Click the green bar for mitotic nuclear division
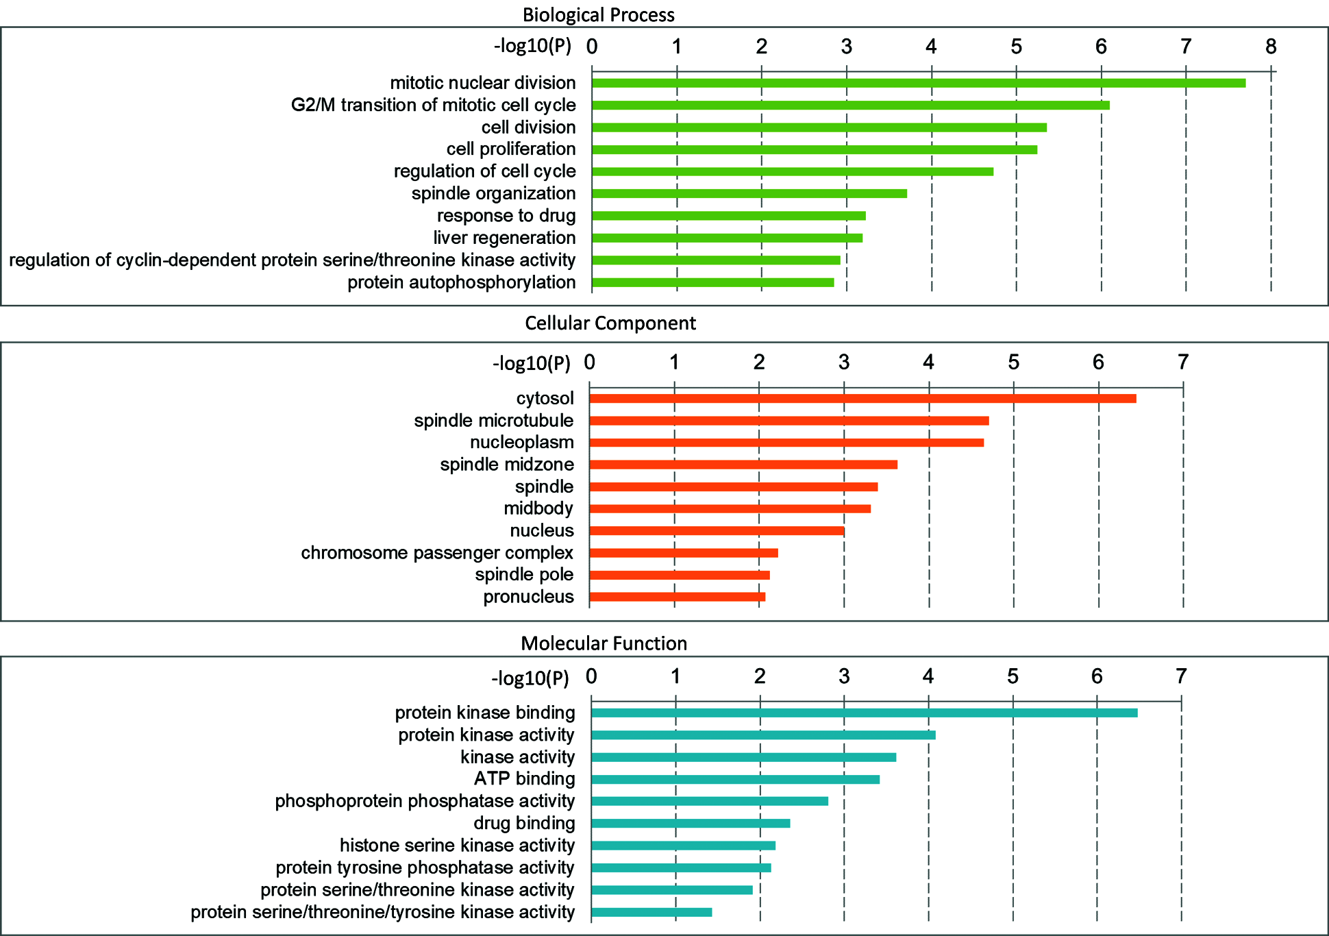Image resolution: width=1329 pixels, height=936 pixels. (918, 83)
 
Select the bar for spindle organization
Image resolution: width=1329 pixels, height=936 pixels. (749, 193)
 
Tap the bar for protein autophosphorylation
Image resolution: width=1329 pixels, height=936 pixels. (712, 282)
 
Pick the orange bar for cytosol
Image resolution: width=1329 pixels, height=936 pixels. (862, 399)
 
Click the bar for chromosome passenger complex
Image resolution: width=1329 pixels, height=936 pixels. (684, 553)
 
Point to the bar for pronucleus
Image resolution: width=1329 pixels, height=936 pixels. (677, 597)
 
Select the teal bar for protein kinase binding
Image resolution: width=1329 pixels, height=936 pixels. (864, 713)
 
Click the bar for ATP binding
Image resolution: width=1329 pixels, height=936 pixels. (735, 779)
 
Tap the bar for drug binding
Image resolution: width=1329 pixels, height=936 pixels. (691, 823)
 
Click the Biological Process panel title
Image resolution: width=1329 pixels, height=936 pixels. (598, 14)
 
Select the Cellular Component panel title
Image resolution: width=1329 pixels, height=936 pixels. (610, 323)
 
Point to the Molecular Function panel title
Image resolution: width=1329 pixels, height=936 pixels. (604, 643)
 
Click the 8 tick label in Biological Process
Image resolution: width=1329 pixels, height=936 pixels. (1271, 46)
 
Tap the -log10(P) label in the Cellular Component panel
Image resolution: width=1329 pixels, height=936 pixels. (531, 362)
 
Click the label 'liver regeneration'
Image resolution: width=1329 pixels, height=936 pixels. (504, 238)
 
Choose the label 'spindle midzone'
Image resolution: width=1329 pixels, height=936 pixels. (507, 465)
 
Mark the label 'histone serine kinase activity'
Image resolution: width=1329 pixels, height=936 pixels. (457, 845)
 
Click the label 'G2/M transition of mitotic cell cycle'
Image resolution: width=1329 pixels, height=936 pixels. (433, 105)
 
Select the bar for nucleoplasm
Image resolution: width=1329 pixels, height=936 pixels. (786, 443)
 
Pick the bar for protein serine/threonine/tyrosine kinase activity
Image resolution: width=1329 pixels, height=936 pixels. (651, 912)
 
